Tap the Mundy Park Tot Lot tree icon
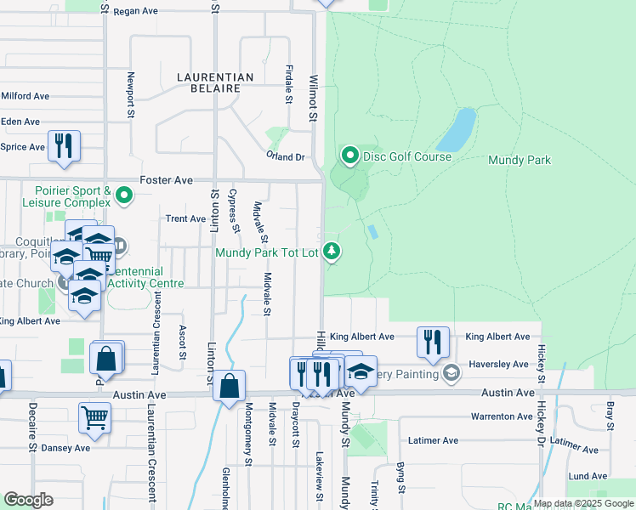pyautogui.click(x=332, y=252)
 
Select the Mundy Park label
pyautogui.click(x=520, y=160)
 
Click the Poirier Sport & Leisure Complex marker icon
pyautogui.click(x=124, y=197)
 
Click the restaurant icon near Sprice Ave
pyautogui.click(x=64, y=146)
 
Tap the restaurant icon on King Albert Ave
pyautogui.click(x=433, y=342)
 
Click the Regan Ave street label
pyautogui.click(x=137, y=12)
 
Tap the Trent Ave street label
pyautogui.click(x=185, y=218)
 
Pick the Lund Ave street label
pyautogui.click(x=588, y=476)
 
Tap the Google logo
pyautogui.click(x=28, y=500)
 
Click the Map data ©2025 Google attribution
pyautogui.click(x=582, y=503)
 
